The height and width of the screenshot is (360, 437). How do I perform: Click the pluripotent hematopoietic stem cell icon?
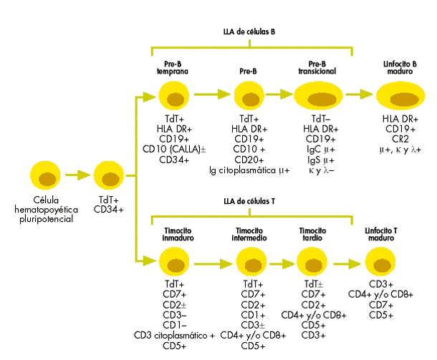pos(47,176)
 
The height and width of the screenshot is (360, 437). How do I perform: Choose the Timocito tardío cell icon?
pos(313,262)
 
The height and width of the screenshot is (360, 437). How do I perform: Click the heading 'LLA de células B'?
pos(249,32)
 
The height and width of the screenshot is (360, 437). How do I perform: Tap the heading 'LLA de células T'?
pos(249,201)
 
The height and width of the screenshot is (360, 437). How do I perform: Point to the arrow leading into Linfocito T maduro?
pos(350,262)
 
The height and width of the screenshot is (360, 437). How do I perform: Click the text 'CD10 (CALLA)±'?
pos(174,149)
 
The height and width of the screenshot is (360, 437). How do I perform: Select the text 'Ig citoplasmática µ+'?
pos(249,170)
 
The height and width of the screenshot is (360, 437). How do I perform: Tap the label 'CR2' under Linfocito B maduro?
pos(400,139)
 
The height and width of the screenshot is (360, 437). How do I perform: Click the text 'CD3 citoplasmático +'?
pos(174,336)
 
